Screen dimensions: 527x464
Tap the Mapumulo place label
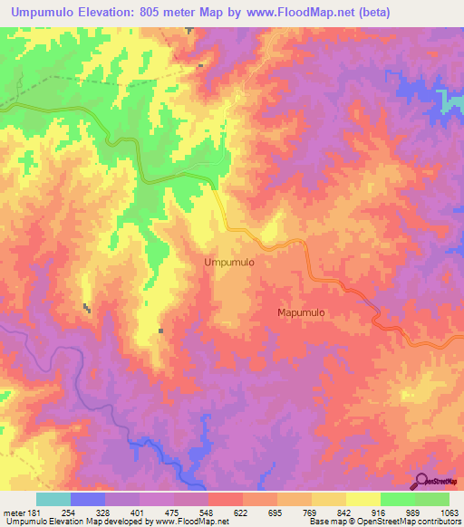point(301,312)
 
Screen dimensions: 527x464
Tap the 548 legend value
point(208,513)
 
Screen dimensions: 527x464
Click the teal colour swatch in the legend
point(53,499)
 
